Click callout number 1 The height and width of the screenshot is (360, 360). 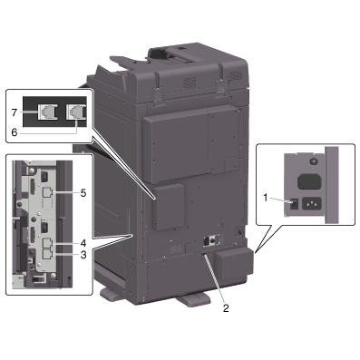click(x=266, y=198)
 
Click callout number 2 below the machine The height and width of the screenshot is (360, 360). click(x=226, y=308)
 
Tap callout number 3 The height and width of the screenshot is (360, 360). click(x=83, y=255)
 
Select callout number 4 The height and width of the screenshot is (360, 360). click(x=83, y=243)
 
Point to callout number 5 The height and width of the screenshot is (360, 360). click(x=83, y=193)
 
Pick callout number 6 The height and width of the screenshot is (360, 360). click(x=15, y=132)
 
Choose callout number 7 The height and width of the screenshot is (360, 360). click(x=15, y=112)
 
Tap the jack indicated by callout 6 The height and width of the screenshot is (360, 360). click(x=76, y=112)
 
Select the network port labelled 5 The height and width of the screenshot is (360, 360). click(x=46, y=192)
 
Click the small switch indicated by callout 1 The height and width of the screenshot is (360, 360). click(x=294, y=205)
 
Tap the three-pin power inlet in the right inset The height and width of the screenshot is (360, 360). click(x=311, y=204)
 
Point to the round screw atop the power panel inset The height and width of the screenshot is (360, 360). click(x=314, y=161)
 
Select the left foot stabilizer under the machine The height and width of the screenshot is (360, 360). click(x=113, y=295)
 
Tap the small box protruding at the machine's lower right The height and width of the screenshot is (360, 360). click(x=233, y=262)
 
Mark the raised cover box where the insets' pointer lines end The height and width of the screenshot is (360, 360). click(x=169, y=207)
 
